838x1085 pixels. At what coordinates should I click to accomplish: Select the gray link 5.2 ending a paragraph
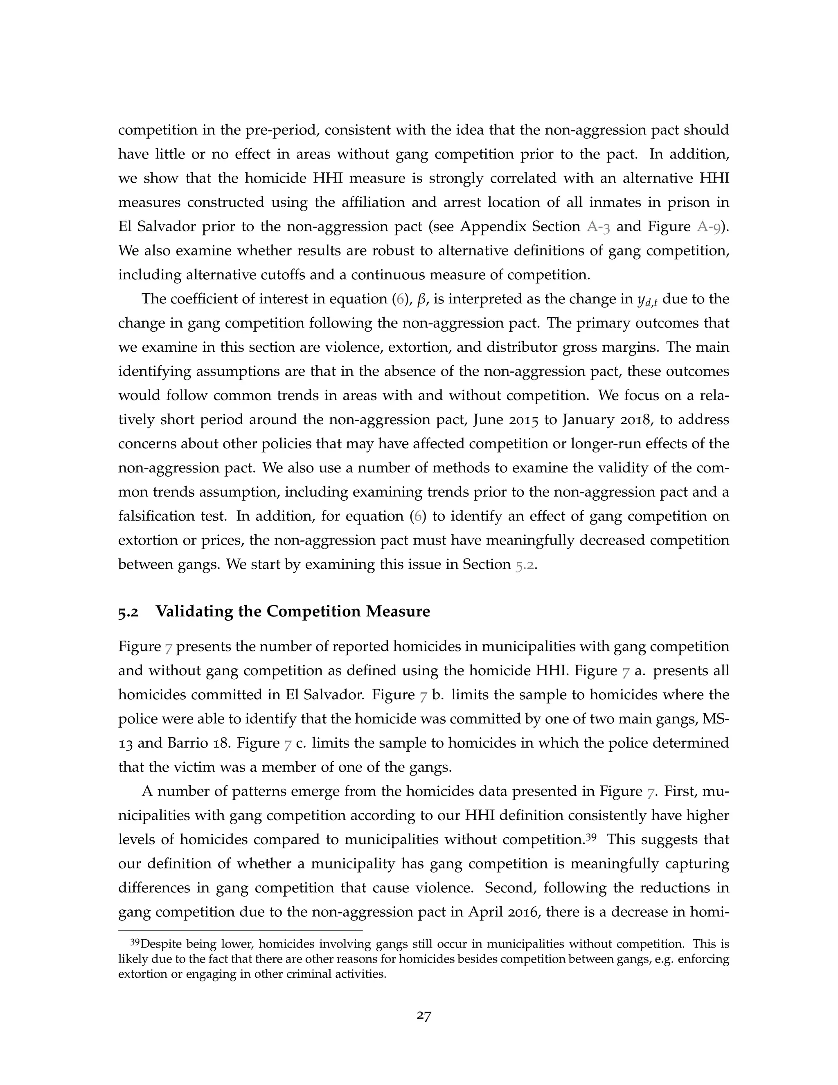pyautogui.click(x=524, y=565)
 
